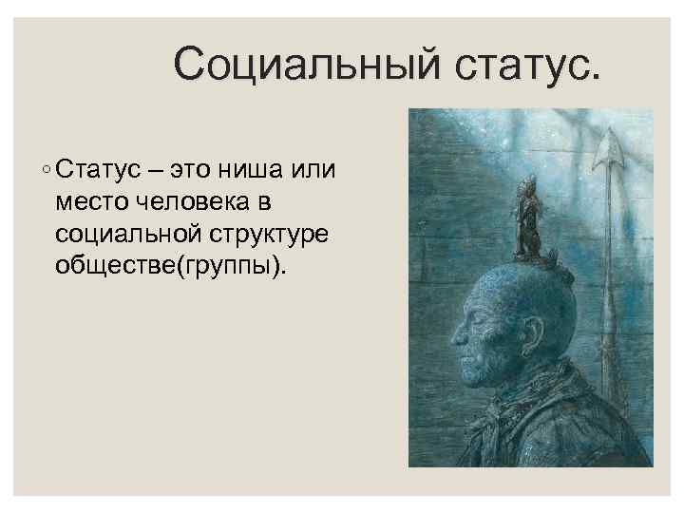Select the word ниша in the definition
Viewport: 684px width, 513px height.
[x=248, y=171]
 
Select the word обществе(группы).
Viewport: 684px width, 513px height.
[x=169, y=265]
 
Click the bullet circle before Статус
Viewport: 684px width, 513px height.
[x=46, y=172]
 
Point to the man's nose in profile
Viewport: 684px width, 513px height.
[x=455, y=334]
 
